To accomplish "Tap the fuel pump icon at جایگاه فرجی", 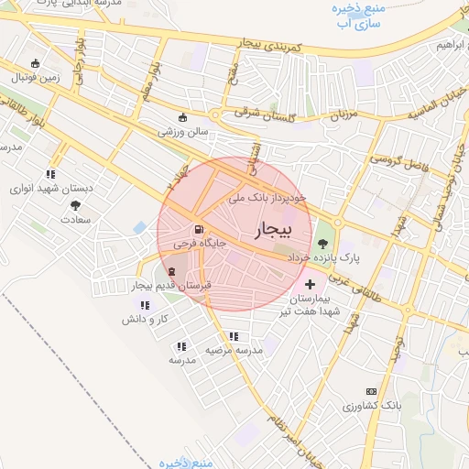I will pyautogui.click(x=198, y=230).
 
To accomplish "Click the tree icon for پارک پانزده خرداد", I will pyautogui.click(x=322, y=244).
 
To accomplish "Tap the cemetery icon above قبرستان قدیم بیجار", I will pyautogui.click(x=173, y=271).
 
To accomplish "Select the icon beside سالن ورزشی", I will pyautogui.click(x=182, y=118).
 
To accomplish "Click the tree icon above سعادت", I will pyautogui.click(x=75, y=206).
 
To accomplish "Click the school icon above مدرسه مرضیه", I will pyautogui.click(x=234, y=336).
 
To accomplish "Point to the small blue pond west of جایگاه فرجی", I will pyautogui.click(x=139, y=226).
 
